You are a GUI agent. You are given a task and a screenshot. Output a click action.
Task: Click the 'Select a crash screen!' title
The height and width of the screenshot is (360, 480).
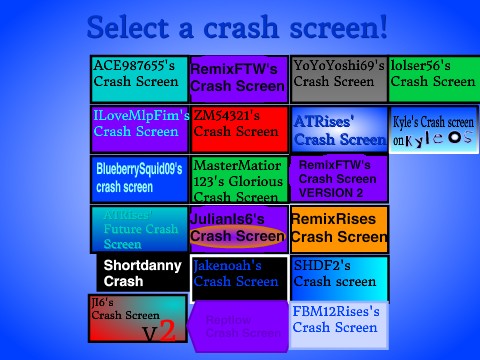(237, 27)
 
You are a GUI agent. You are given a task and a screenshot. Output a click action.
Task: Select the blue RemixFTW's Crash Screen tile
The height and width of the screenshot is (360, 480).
(238, 79)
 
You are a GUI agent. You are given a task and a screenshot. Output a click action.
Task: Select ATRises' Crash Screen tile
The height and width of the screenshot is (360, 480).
(339, 129)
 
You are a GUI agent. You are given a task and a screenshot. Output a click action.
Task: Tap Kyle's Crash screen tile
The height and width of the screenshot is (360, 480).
(434, 130)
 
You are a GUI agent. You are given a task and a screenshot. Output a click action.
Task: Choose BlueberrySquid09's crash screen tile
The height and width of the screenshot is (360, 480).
(139, 179)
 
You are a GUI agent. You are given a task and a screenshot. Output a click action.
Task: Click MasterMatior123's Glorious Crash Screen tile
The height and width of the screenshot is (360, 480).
(238, 179)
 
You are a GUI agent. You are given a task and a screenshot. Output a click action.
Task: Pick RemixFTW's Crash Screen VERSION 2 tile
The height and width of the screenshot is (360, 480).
(339, 179)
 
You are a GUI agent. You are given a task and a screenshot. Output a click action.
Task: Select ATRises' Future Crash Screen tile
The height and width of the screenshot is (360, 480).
(139, 229)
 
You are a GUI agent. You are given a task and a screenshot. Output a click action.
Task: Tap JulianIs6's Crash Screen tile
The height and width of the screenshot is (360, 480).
(238, 229)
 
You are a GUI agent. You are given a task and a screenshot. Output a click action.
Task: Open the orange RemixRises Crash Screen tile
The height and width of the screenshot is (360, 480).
(339, 229)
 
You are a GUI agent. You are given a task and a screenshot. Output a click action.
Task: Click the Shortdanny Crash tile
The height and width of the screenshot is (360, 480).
(141, 273)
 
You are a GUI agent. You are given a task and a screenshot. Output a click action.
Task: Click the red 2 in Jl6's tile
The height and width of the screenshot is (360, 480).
(168, 331)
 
